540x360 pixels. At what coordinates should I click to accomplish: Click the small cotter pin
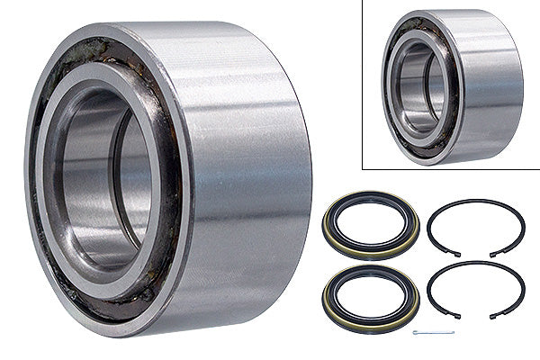pyautogui.click(x=433, y=333)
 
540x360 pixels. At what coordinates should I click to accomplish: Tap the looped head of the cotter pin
pyautogui.click(x=416, y=333)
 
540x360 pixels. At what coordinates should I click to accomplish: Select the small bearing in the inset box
pyautogui.click(x=450, y=85)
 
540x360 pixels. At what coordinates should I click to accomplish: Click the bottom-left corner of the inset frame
pyautogui.click(x=362, y=168)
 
